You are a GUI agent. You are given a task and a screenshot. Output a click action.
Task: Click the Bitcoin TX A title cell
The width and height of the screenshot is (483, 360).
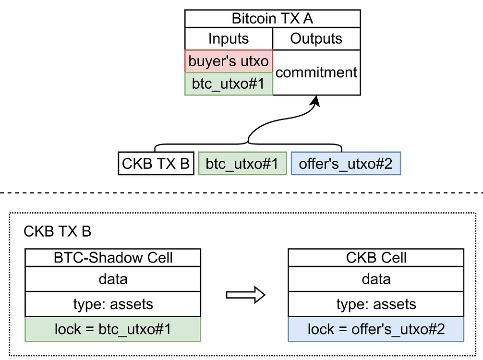[x=272, y=19]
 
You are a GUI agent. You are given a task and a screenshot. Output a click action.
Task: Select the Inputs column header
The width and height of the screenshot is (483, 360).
[x=229, y=39]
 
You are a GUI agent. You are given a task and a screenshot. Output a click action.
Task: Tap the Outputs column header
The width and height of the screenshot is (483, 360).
[x=316, y=39]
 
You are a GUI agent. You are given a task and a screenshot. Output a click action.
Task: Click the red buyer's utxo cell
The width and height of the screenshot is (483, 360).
[x=229, y=61]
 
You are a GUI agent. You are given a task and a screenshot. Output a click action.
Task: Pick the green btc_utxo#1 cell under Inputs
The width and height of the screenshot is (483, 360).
[x=229, y=84]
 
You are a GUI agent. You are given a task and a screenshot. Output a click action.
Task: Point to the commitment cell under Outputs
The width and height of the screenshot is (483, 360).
[x=316, y=72]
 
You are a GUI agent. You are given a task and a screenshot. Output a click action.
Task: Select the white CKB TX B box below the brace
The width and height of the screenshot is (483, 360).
[x=155, y=164]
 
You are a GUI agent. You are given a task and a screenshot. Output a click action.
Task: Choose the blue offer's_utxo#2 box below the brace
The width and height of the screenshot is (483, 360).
[x=346, y=164]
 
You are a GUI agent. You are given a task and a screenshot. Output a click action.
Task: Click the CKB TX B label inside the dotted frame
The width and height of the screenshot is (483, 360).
[x=57, y=231]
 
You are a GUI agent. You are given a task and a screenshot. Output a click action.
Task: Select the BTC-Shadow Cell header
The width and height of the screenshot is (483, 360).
[x=113, y=258]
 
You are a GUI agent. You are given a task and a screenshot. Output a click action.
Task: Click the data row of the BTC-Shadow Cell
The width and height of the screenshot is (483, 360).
[x=113, y=279]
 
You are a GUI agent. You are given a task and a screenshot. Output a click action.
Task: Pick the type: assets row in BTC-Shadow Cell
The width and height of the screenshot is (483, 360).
[x=113, y=304]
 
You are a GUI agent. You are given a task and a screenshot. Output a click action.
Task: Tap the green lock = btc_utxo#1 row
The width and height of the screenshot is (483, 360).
[x=113, y=329]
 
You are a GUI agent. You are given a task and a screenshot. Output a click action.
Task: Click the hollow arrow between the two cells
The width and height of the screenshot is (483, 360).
[x=245, y=295]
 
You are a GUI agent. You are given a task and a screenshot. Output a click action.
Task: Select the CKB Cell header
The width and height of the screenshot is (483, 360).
[x=376, y=258]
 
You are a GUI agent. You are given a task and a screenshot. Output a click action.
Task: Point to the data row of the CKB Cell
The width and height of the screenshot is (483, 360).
[x=376, y=279]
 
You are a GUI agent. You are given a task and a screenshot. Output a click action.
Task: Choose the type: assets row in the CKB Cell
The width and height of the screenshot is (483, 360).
[x=376, y=304]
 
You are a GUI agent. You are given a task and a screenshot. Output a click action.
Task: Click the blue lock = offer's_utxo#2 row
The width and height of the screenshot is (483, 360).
[x=376, y=329]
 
